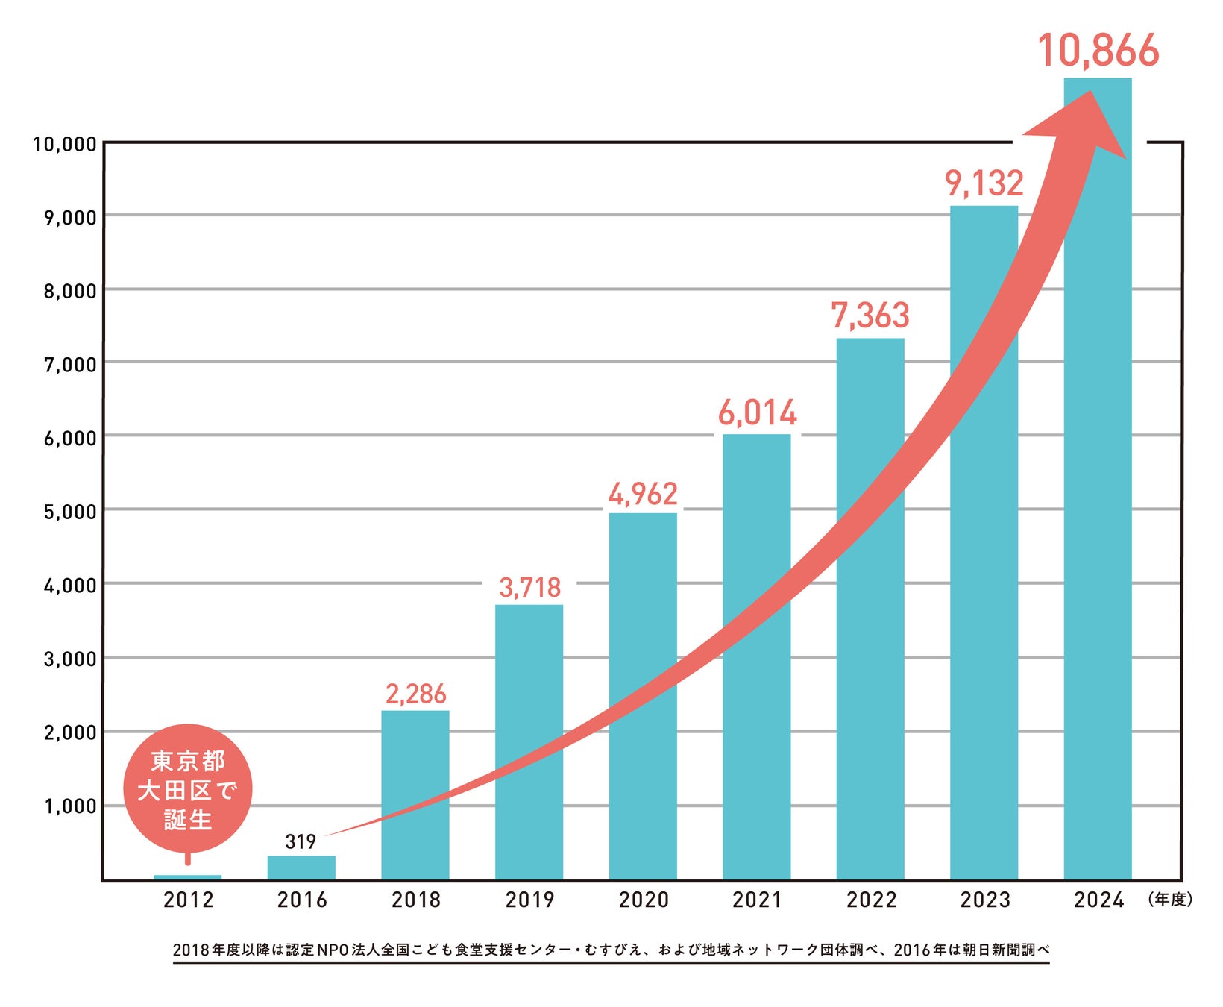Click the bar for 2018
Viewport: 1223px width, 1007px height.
coord(415,794)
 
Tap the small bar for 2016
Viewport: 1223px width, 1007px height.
coord(301,868)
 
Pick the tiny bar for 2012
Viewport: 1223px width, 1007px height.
coord(187,877)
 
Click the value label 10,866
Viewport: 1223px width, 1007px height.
coord(1098,51)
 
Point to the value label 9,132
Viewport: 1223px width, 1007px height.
coord(984,183)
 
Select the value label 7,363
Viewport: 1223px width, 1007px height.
coord(870,316)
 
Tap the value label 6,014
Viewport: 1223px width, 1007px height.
coord(757,413)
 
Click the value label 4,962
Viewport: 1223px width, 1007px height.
coord(643,494)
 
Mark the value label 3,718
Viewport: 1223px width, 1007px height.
coord(529,588)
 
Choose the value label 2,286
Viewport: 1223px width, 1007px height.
coord(415,694)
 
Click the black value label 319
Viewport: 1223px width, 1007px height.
coord(301,842)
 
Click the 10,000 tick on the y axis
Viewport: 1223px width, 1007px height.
coord(65,144)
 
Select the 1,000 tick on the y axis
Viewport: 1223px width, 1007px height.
coord(70,806)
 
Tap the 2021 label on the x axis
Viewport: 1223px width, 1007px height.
coord(757,900)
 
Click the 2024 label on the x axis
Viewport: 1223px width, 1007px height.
coord(1098,900)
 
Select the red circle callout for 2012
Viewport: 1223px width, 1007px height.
coord(188,789)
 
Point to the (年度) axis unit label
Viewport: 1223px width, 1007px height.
coord(1170,900)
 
